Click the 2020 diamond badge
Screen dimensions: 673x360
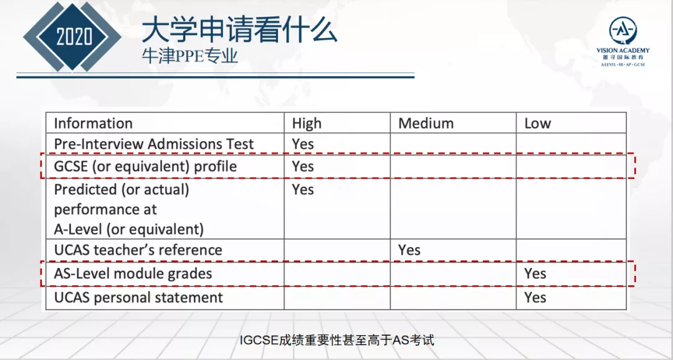tap(72, 37)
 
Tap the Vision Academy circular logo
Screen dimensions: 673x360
tap(623, 31)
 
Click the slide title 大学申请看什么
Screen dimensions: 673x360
tap(239, 31)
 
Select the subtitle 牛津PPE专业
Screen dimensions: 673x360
tap(190, 56)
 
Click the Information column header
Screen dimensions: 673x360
tap(93, 123)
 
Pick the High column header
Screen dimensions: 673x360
tap(307, 123)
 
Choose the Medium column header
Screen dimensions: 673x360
tap(426, 123)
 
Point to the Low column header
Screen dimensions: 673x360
tap(537, 123)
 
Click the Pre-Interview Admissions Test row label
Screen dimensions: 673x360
tap(154, 144)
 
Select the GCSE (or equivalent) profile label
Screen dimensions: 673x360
tap(145, 166)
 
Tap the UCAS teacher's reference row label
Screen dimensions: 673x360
tap(138, 250)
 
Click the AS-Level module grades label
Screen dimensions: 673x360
tap(133, 274)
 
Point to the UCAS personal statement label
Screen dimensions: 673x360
tap(138, 297)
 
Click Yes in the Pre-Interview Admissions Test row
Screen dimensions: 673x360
tap(303, 144)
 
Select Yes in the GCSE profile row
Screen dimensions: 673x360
tap(303, 166)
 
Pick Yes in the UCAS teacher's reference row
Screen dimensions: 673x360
tap(409, 250)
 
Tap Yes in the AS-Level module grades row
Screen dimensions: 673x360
tap(535, 274)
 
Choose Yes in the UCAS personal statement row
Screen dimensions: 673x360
tap(535, 297)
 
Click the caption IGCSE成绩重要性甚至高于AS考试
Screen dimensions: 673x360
tap(337, 341)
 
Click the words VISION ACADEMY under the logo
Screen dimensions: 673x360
tap(623, 50)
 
